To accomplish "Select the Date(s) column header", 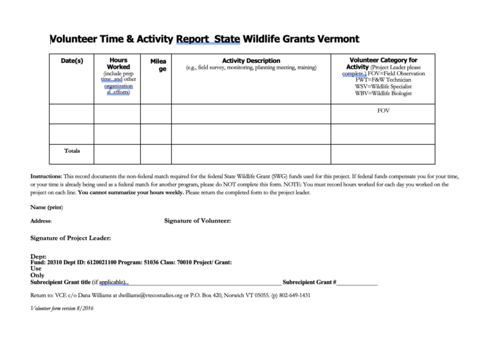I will coord(71,60).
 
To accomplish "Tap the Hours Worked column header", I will coord(118,63).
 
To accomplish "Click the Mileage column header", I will coord(158,65).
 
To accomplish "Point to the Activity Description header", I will coord(251,60).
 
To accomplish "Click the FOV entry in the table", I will coord(383,111).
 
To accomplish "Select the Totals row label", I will coord(72,151).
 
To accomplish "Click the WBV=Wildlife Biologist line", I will coord(383,93).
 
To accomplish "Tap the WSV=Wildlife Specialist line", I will coord(383,86).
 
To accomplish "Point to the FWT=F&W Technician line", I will coord(383,80).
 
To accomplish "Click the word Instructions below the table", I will coord(46,175).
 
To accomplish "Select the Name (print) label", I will coord(46,207).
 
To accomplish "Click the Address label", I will coord(41,221).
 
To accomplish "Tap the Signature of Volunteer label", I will coord(198,221).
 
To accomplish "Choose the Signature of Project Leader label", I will coord(70,238).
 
